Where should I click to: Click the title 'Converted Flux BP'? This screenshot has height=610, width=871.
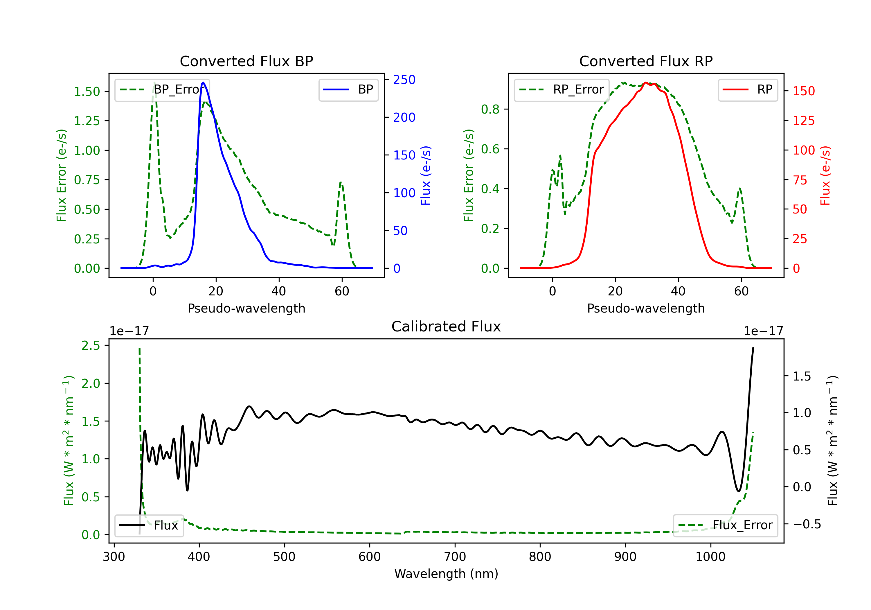246,61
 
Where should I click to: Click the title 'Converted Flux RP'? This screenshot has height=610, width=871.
646,61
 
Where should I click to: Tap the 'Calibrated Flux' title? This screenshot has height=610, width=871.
446,326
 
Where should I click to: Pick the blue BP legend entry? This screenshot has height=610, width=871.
348,89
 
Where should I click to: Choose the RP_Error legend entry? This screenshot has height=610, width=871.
562,89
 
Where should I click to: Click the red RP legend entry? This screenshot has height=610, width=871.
748,89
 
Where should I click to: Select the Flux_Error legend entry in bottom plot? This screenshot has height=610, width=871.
725,525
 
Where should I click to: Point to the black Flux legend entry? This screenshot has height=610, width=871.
149,525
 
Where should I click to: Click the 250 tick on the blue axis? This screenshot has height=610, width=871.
404,80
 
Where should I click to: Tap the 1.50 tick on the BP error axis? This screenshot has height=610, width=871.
87,92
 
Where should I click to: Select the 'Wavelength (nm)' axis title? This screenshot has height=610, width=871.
446,574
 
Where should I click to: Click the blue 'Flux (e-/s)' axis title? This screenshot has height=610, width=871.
426,176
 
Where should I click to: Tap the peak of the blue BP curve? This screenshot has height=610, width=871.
203,82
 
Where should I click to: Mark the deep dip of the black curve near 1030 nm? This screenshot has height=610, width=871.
738,491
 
